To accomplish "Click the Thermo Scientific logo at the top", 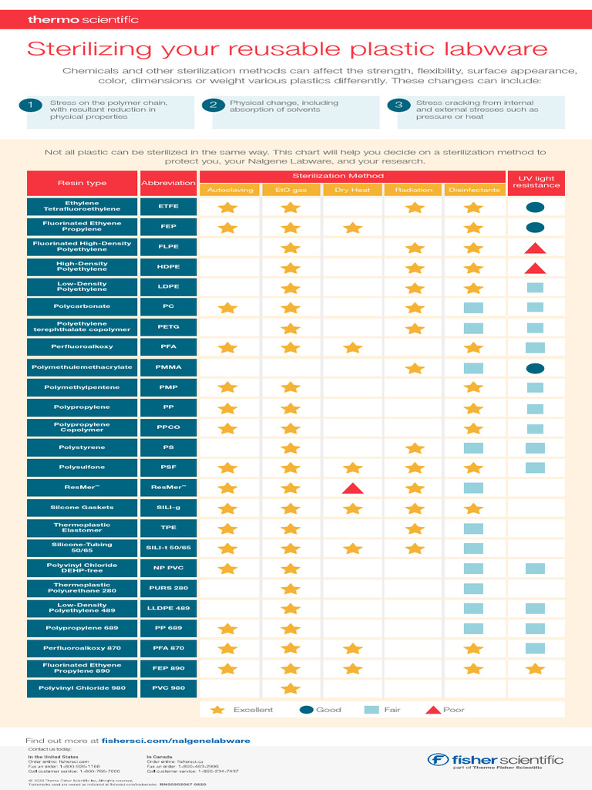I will pos(83,19).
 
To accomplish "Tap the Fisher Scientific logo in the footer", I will pos(496,761).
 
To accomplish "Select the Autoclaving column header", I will pos(229,190).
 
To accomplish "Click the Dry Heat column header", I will pos(352,190).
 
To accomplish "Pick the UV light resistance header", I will pos(536,183).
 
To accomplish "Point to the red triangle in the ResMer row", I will pos(352,488).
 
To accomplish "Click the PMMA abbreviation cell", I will pos(168,367).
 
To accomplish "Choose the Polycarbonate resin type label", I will pos(82,306).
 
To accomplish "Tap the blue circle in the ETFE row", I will pos(535,207).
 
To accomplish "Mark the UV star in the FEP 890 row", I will pos(535,668).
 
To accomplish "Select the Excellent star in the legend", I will pos(217,710).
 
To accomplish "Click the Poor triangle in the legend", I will pos(433,710).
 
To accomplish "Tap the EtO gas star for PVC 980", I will pos(290,688).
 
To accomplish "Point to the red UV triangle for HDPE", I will pos(535,268).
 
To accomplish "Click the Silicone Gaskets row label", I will pos(82,508).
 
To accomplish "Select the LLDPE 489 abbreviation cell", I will pos(168,608).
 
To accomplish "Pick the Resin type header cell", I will pos(82,183).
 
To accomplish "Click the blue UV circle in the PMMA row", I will pos(535,368).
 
